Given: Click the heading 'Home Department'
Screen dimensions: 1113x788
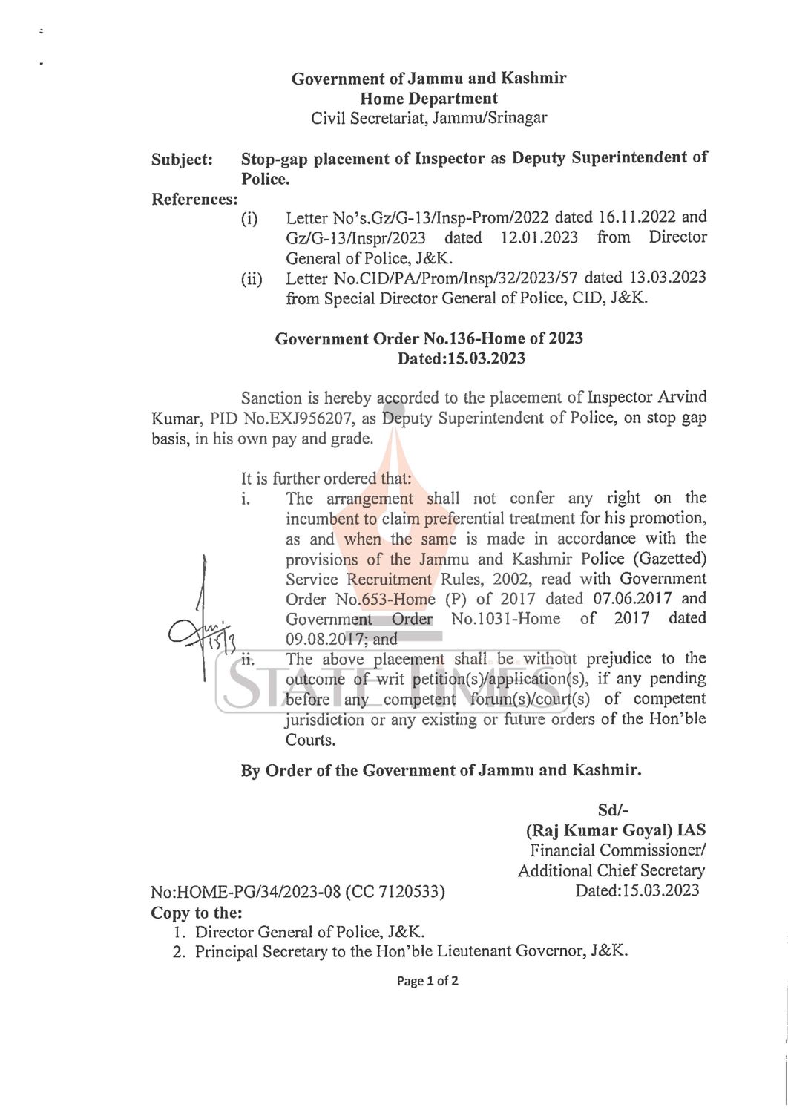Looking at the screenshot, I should [429, 98].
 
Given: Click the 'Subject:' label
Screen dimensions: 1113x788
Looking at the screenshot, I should [182, 160].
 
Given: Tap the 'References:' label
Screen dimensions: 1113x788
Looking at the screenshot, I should [194, 199].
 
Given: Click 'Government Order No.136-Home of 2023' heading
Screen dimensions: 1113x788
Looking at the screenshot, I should [429, 338].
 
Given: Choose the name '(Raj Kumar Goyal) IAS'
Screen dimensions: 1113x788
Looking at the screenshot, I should [615, 830].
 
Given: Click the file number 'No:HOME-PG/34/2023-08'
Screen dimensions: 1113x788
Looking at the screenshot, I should [246, 892].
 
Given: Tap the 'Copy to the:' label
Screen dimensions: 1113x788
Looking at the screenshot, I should [197, 913].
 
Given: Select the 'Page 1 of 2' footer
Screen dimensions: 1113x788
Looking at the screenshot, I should [427, 981].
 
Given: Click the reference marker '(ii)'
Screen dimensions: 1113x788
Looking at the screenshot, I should [251, 279].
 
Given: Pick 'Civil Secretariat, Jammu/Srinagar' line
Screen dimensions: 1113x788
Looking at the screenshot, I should [429, 118].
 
